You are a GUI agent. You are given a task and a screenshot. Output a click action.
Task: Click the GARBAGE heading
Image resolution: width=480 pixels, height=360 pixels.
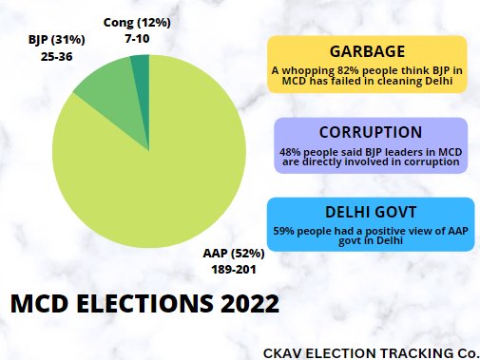click(x=367, y=52)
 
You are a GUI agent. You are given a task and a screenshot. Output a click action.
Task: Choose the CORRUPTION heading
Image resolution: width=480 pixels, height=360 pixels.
click(x=371, y=133)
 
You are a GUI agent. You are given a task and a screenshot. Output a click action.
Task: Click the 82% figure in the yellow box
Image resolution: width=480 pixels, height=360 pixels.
click(x=339, y=70)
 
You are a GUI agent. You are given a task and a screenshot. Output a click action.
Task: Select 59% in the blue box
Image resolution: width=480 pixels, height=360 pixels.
click(x=284, y=230)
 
